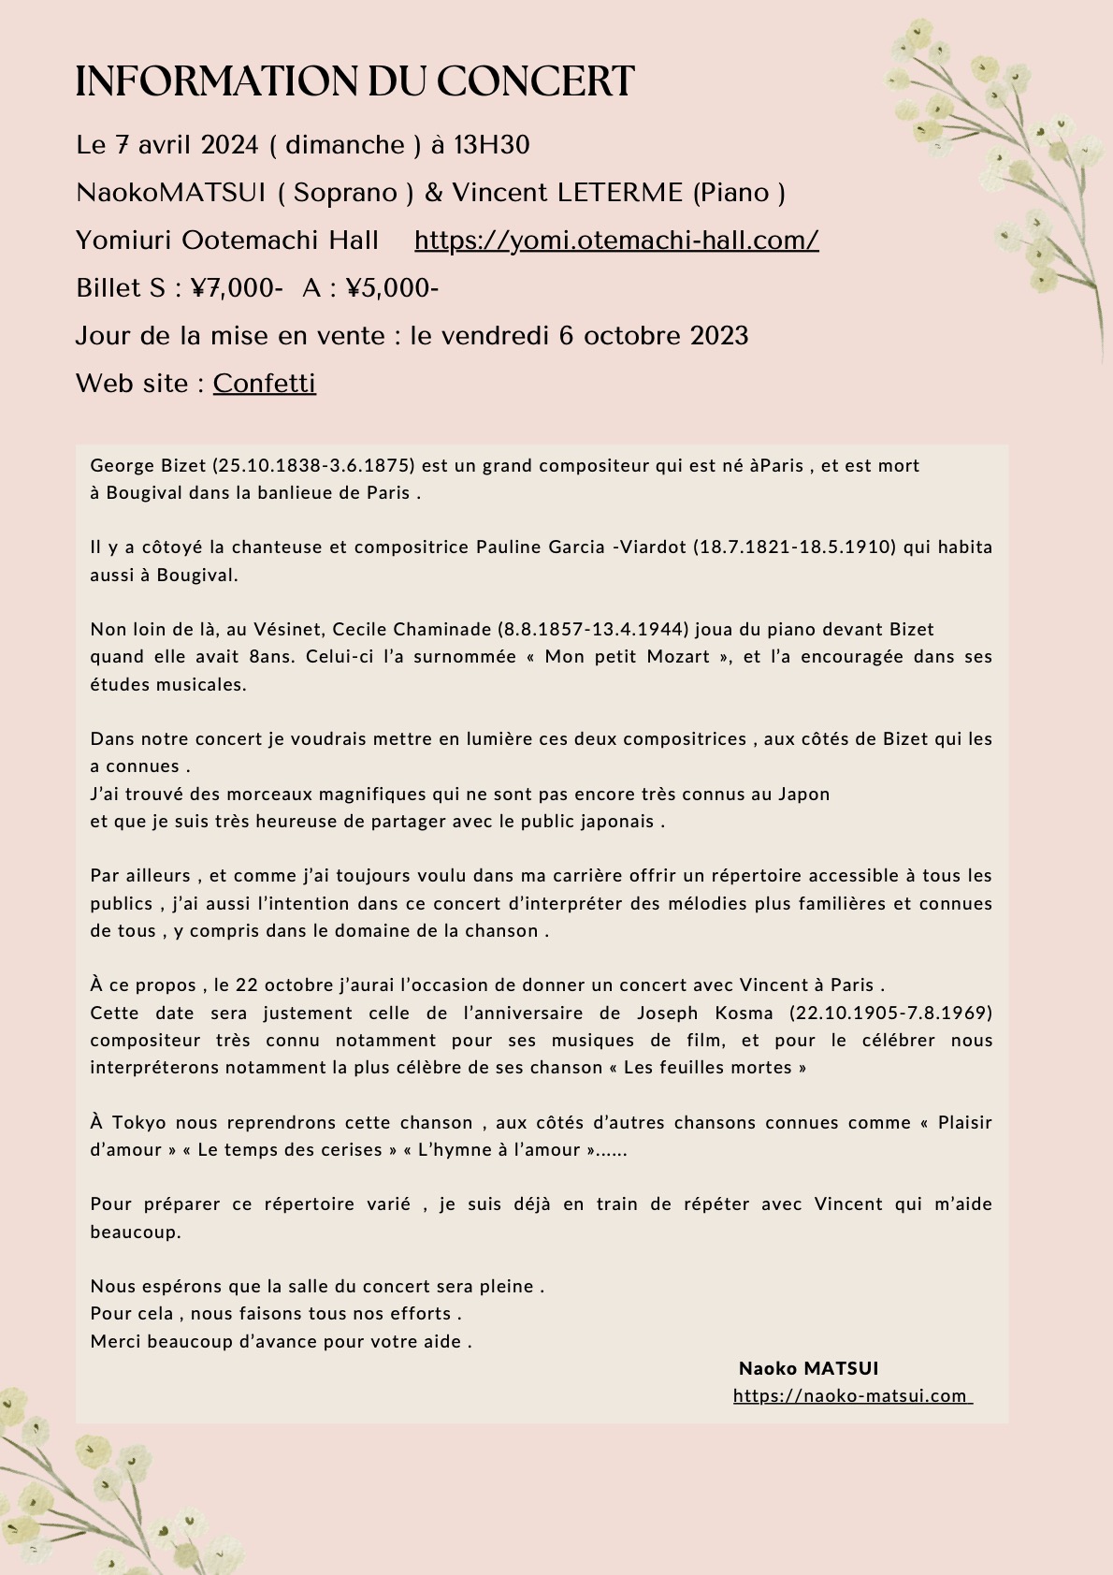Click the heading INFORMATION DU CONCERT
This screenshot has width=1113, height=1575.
point(354,82)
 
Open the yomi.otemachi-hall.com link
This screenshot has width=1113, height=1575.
point(616,241)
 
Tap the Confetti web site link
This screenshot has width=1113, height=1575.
point(265,384)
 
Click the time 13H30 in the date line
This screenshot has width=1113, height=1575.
point(492,145)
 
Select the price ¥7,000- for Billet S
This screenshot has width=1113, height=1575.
point(237,288)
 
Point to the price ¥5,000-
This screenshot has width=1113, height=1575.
point(392,288)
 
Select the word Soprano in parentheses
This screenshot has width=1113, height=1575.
point(345,193)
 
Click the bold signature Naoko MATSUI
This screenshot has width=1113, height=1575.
point(808,1368)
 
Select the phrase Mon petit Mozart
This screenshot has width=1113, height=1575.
point(628,657)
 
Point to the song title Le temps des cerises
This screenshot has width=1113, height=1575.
point(290,1150)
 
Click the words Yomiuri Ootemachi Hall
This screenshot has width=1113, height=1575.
point(227,241)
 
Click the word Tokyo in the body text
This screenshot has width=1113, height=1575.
point(140,1123)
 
